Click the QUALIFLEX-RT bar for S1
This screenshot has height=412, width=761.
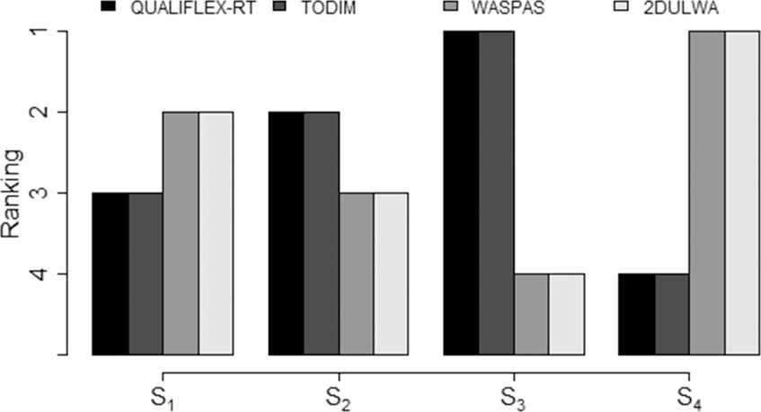[111, 273]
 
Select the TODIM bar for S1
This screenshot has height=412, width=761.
[146, 273]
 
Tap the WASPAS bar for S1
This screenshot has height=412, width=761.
[181, 233]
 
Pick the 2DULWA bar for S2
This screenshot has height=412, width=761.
[392, 273]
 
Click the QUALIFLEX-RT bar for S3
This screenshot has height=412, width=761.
[462, 193]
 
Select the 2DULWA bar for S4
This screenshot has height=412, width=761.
[743, 193]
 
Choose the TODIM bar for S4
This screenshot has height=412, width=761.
[673, 314]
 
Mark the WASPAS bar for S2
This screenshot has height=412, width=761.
[357, 273]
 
